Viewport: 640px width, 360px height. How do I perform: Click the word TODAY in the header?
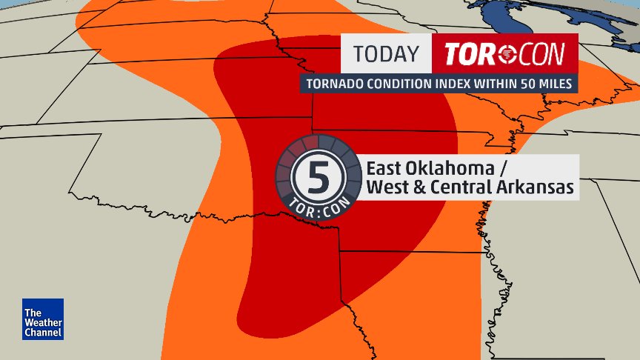[385, 54]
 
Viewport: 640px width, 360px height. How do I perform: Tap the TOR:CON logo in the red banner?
[500, 54]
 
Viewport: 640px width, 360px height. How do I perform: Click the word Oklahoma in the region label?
[443, 167]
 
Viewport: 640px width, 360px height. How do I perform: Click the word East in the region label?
[384, 167]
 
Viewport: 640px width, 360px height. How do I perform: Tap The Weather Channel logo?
[43, 319]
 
